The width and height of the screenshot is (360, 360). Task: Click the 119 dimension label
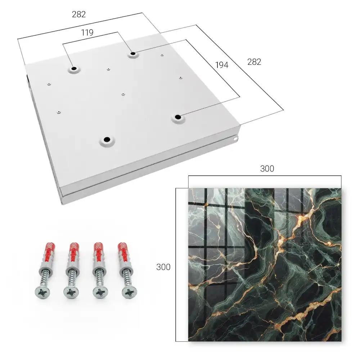pos(87,33)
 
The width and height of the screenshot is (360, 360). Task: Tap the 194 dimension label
pos(222,65)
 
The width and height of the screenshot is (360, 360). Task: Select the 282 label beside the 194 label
pos(254,62)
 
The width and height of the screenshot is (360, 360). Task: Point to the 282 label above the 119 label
pos(79,14)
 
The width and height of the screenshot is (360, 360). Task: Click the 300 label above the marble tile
pos(267,169)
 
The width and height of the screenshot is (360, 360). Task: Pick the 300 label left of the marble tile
pos(163,267)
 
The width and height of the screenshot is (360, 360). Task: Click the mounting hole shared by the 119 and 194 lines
pos(133,54)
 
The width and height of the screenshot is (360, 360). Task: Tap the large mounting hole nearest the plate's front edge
pos(107,139)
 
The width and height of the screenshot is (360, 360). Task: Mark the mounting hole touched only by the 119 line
pos(74,69)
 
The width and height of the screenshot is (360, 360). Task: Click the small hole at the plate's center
pos(123,94)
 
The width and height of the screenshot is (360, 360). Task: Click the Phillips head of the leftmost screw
pos(42,293)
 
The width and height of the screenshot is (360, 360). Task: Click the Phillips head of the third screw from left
pos(100,292)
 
